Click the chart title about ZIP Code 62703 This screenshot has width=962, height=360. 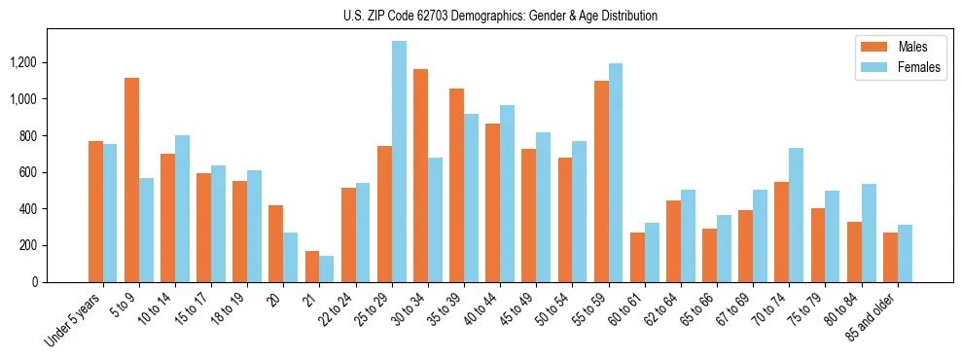tap(500, 16)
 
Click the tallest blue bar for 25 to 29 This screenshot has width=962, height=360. tap(399, 162)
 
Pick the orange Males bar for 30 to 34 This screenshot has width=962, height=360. tap(420, 175)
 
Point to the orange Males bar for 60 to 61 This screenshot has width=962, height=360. tap(637, 257)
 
